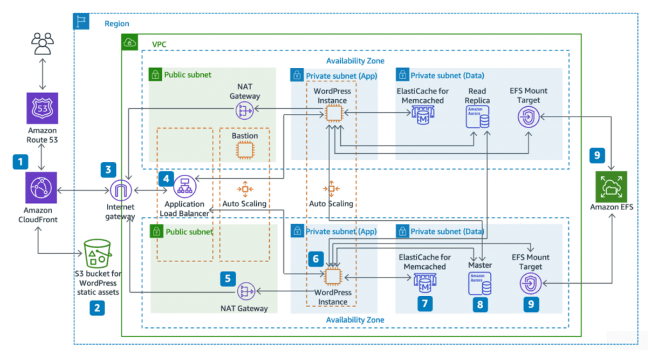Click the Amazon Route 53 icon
[x=42, y=108]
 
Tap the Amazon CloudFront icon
[x=41, y=188]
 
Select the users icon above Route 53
[x=42, y=44]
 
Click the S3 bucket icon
[x=97, y=254]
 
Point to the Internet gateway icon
[x=120, y=190]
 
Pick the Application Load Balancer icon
[x=184, y=186]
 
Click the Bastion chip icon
[x=245, y=150]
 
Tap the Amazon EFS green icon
[x=611, y=186]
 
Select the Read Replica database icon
[x=477, y=117]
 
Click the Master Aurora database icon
[x=479, y=284]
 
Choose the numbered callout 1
[x=20, y=162]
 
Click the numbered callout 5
[x=227, y=279]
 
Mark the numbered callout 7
[x=425, y=304]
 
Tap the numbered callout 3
[x=108, y=170]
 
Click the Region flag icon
[x=81, y=21]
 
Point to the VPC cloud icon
[x=129, y=42]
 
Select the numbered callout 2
[x=97, y=308]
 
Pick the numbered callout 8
[x=480, y=305]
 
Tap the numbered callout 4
[x=166, y=179]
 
